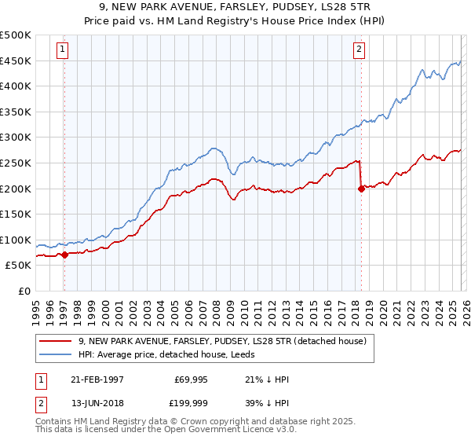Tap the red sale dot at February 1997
click(65, 255)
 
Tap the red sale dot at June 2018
click(361, 189)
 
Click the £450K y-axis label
click(16, 60)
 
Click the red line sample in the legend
click(56, 341)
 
